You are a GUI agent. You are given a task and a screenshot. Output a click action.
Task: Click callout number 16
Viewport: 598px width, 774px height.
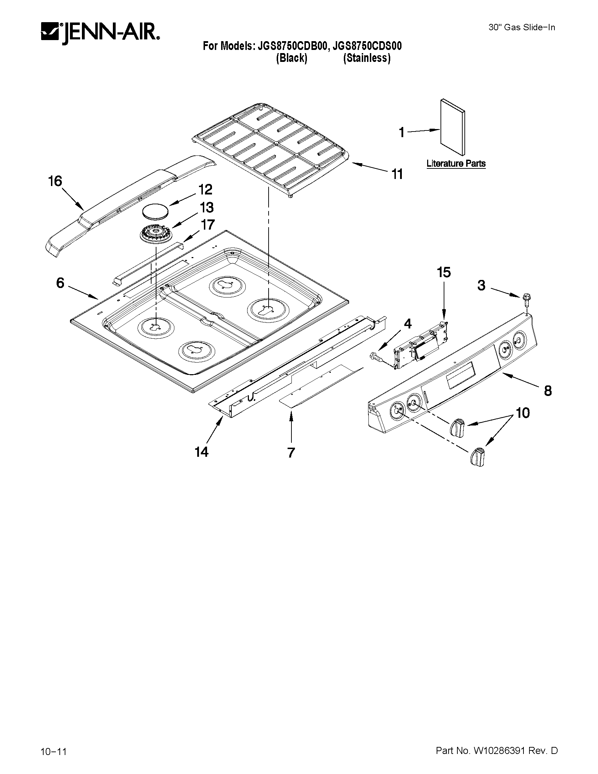tap(55, 181)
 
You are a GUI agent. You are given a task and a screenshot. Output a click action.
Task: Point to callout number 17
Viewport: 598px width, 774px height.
tap(208, 224)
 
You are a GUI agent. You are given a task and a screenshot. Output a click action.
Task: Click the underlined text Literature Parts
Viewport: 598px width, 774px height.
tap(456, 164)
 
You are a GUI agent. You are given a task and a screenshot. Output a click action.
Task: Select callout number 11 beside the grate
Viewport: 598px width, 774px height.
tap(397, 174)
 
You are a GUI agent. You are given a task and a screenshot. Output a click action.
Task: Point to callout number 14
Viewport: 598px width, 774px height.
tap(201, 452)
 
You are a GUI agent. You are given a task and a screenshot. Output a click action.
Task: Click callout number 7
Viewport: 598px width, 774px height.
tap(291, 453)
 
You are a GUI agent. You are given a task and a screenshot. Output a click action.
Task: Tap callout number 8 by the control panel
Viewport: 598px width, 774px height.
tap(548, 391)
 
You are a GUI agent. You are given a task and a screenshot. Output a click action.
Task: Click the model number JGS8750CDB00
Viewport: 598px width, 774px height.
tap(290, 46)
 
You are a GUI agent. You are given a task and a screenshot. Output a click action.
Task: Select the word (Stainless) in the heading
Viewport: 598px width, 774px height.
tap(367, 58)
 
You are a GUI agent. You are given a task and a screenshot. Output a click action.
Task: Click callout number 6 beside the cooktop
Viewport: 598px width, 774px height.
tap(60, 282)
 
